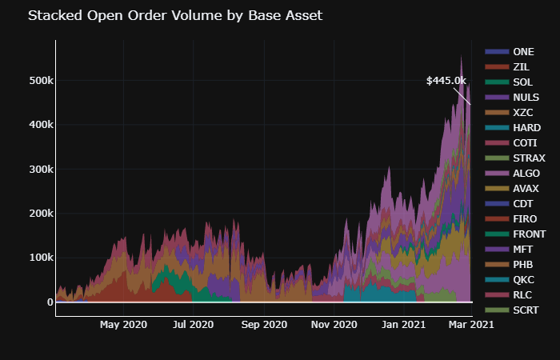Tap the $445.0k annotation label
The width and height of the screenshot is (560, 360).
(446, 81)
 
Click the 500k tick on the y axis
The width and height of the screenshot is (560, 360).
(40, 81)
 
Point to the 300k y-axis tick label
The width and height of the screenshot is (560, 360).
(40, 170)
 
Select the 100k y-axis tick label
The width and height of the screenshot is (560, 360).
(40, 258)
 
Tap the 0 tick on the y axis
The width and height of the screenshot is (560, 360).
(50, 302)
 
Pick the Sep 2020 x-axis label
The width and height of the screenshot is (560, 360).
(264, 325)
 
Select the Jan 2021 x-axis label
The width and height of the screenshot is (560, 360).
(403, 325)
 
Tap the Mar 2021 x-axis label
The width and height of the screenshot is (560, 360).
(470, 325)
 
